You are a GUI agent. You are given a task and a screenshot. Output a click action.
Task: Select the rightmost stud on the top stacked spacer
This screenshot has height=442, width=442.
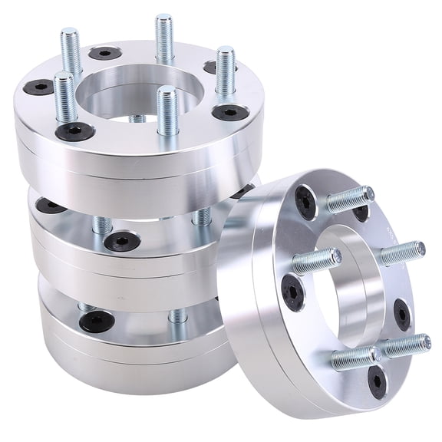[x=224, y=71]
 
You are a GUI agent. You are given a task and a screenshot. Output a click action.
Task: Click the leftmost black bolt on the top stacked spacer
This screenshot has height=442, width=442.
[x=38, y=87]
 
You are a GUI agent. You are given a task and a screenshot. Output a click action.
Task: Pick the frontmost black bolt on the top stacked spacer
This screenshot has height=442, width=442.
[x=75, y=131]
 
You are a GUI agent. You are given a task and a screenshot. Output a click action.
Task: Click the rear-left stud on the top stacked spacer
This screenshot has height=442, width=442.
[x=71, y=53]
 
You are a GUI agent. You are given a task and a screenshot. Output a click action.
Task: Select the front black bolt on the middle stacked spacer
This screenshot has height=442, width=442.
[x=122, y=241]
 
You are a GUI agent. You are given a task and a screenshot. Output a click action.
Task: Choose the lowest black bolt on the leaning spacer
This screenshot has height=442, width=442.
[x=377, y=381]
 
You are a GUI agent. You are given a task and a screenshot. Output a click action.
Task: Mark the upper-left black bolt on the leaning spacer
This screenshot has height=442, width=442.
[x=305, y=203]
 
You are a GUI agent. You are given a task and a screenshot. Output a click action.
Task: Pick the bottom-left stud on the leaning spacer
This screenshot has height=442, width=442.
[x=355, y=357]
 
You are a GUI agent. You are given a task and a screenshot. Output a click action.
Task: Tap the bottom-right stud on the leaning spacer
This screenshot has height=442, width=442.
[x=406, y=346]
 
